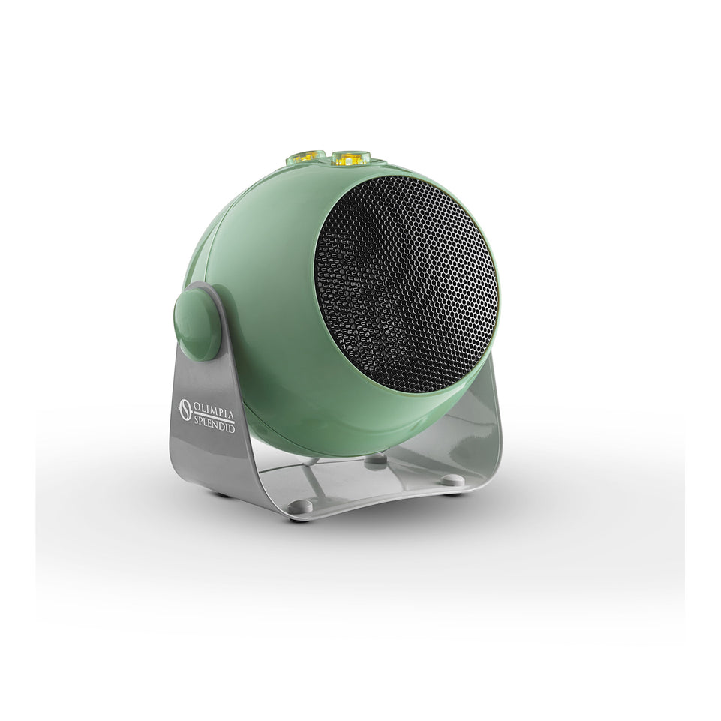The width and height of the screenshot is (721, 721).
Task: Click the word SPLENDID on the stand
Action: (215, 427)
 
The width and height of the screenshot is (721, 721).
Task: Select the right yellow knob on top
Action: (351, 158)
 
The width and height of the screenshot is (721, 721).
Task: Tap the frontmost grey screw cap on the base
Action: (301, 507)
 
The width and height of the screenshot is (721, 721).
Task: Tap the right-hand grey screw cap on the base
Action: (452, 480)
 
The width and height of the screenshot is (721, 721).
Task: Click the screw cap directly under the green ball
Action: (376, 461)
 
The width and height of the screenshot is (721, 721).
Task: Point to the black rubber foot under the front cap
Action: (299, 519)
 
